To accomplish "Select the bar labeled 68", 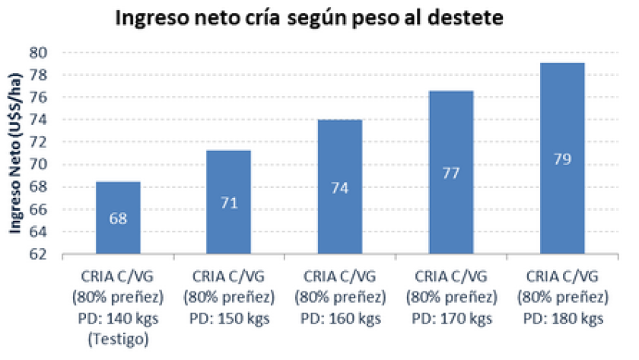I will [x=118, y=217].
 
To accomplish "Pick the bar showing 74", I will [x=339, y=186].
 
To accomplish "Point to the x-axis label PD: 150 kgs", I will [x=229, y=319].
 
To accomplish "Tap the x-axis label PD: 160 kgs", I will [x=339, y=319].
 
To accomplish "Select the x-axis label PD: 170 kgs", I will [x=450, y=319].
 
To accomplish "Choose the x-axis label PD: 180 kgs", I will [x=561, y=319].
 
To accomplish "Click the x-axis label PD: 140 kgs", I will [x=118, y=319].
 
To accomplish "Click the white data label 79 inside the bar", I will [x=561, y=160].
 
